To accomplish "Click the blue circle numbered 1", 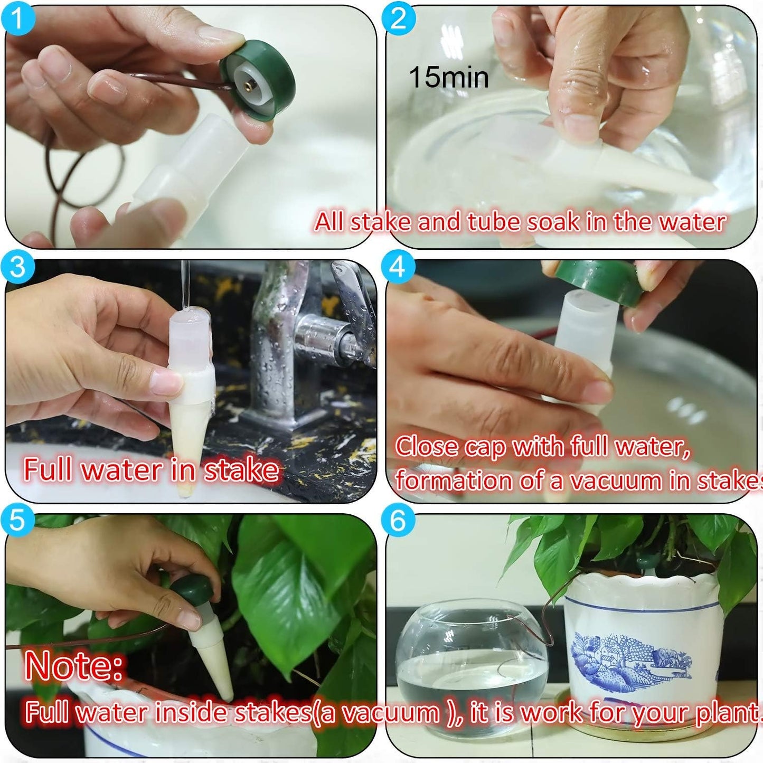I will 17,18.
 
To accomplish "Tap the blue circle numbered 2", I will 398,18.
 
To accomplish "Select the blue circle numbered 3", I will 17,267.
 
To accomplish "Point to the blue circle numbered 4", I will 398,267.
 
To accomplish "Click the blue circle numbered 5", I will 17,520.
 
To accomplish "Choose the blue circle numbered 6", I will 398,520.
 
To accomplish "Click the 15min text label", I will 449,77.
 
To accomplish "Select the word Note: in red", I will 74,666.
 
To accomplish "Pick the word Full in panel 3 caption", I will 48,469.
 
